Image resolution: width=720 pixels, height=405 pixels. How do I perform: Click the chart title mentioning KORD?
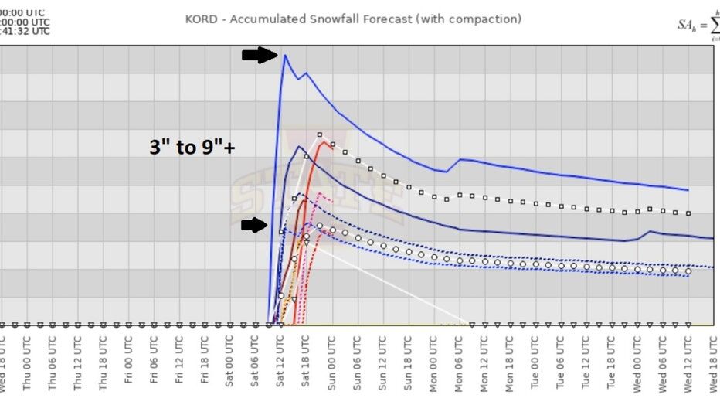[x=353, y=19]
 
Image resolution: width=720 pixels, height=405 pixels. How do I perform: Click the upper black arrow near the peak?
[x=259, y=55]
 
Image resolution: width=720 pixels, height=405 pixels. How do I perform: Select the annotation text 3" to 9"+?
[x=192, y=146]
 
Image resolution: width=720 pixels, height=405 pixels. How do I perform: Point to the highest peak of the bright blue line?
[x=285, y=55]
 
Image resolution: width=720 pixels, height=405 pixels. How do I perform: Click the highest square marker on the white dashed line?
[x=319, y=134]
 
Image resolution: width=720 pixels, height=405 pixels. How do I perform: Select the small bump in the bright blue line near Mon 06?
[x=460, y=160]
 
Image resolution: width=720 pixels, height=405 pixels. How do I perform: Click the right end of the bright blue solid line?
[x=688, y=189]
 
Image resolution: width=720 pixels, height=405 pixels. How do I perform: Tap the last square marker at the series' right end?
[x=688, y=213]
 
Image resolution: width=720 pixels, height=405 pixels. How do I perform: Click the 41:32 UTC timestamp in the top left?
[x=25, y=31]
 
